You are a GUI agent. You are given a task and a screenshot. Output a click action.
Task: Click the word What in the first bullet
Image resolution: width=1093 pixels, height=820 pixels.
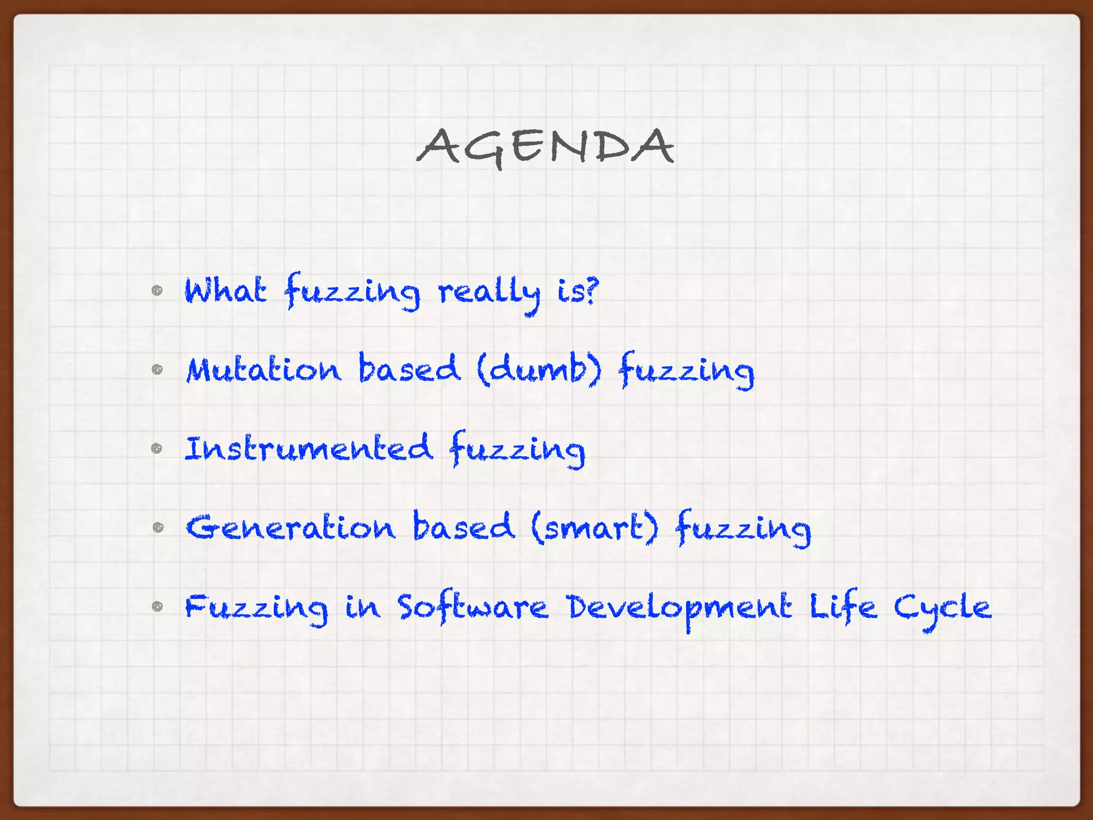pyautogui.click(x=225, y=290)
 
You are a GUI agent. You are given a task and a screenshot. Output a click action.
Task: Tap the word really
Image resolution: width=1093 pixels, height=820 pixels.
pyautogui.click(x=489, y=293)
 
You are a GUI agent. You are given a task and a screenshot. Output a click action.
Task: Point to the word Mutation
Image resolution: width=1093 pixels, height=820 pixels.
pyautogui.click(x=264, y=369)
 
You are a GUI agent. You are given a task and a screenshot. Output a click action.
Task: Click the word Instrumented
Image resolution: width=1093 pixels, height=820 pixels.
pyautogui.click(x=308, y=448)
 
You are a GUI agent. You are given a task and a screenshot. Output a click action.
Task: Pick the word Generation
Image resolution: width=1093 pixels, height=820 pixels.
pyautogui.click(x=291, y=527)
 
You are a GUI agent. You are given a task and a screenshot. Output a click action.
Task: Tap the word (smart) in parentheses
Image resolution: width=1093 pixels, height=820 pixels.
pyautogui.click(x=595, y=527)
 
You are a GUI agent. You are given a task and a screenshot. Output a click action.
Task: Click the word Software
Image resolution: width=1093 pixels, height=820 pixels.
pyautogui.click(x=473, y=607)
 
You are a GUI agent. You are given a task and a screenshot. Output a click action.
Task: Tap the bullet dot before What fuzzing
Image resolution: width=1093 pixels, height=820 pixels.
pyautogui.click(x=157, y=290)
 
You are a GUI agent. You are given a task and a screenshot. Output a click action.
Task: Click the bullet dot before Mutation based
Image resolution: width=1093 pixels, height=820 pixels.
pyautogui.click(x=157, y=369)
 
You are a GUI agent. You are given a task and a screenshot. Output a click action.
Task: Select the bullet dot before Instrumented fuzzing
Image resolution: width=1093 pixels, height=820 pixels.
pyautogui.click(x=157, y=448)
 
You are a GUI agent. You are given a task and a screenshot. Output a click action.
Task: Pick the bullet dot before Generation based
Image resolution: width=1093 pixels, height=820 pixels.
pyautogui.click(x=157, y=527)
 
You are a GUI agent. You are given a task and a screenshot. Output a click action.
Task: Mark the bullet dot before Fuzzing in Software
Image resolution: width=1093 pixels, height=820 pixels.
pyautogui.click(x=157, y=606)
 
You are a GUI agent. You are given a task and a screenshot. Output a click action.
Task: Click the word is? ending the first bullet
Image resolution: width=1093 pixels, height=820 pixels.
pyautogui.click(x=578, y=291)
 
